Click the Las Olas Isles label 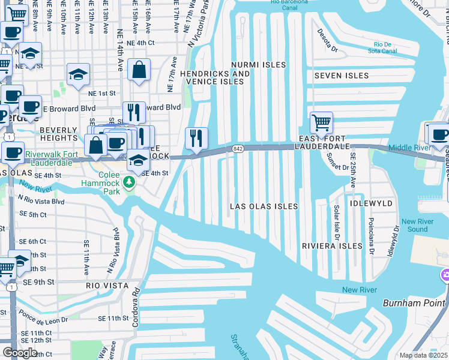pos(264,206)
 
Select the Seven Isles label pos(341,76)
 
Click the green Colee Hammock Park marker pos(128,181)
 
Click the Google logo pos(20,353)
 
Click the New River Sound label pos(414,226)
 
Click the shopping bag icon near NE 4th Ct pos(139,70)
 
